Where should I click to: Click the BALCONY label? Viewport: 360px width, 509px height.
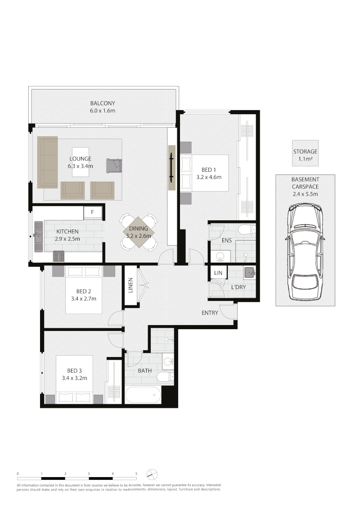click(x=103, y=103)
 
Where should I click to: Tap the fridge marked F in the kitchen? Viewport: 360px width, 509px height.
click(x=93, y=213)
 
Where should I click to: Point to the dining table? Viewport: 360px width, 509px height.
click(x=139, y=232)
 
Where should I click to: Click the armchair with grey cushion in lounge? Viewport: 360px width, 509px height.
click(x=114, y=165)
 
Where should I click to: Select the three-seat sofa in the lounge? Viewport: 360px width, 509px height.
click(x=47, y=162)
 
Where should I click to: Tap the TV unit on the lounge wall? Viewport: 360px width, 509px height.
click(x=171, y=168)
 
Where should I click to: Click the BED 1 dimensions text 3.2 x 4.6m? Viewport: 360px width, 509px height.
click(x=209, y=177)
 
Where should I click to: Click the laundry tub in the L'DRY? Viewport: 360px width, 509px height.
click(x=250, y=272)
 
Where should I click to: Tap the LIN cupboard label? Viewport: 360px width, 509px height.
click(x=218, y=273)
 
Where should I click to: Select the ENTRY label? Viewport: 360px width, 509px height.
click(x=210, y=313)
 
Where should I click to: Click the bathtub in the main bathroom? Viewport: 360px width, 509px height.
click(x=143, y=395)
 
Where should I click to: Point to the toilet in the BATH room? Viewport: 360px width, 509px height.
click(x=166, y=376)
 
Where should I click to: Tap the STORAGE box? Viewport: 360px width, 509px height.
click(x=305, y=153)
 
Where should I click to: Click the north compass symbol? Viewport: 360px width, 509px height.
click(x=152, y=474)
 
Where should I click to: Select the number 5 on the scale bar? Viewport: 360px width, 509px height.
click(x=136, y=473)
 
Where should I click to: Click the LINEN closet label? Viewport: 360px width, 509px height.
click(x=130, y=286)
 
